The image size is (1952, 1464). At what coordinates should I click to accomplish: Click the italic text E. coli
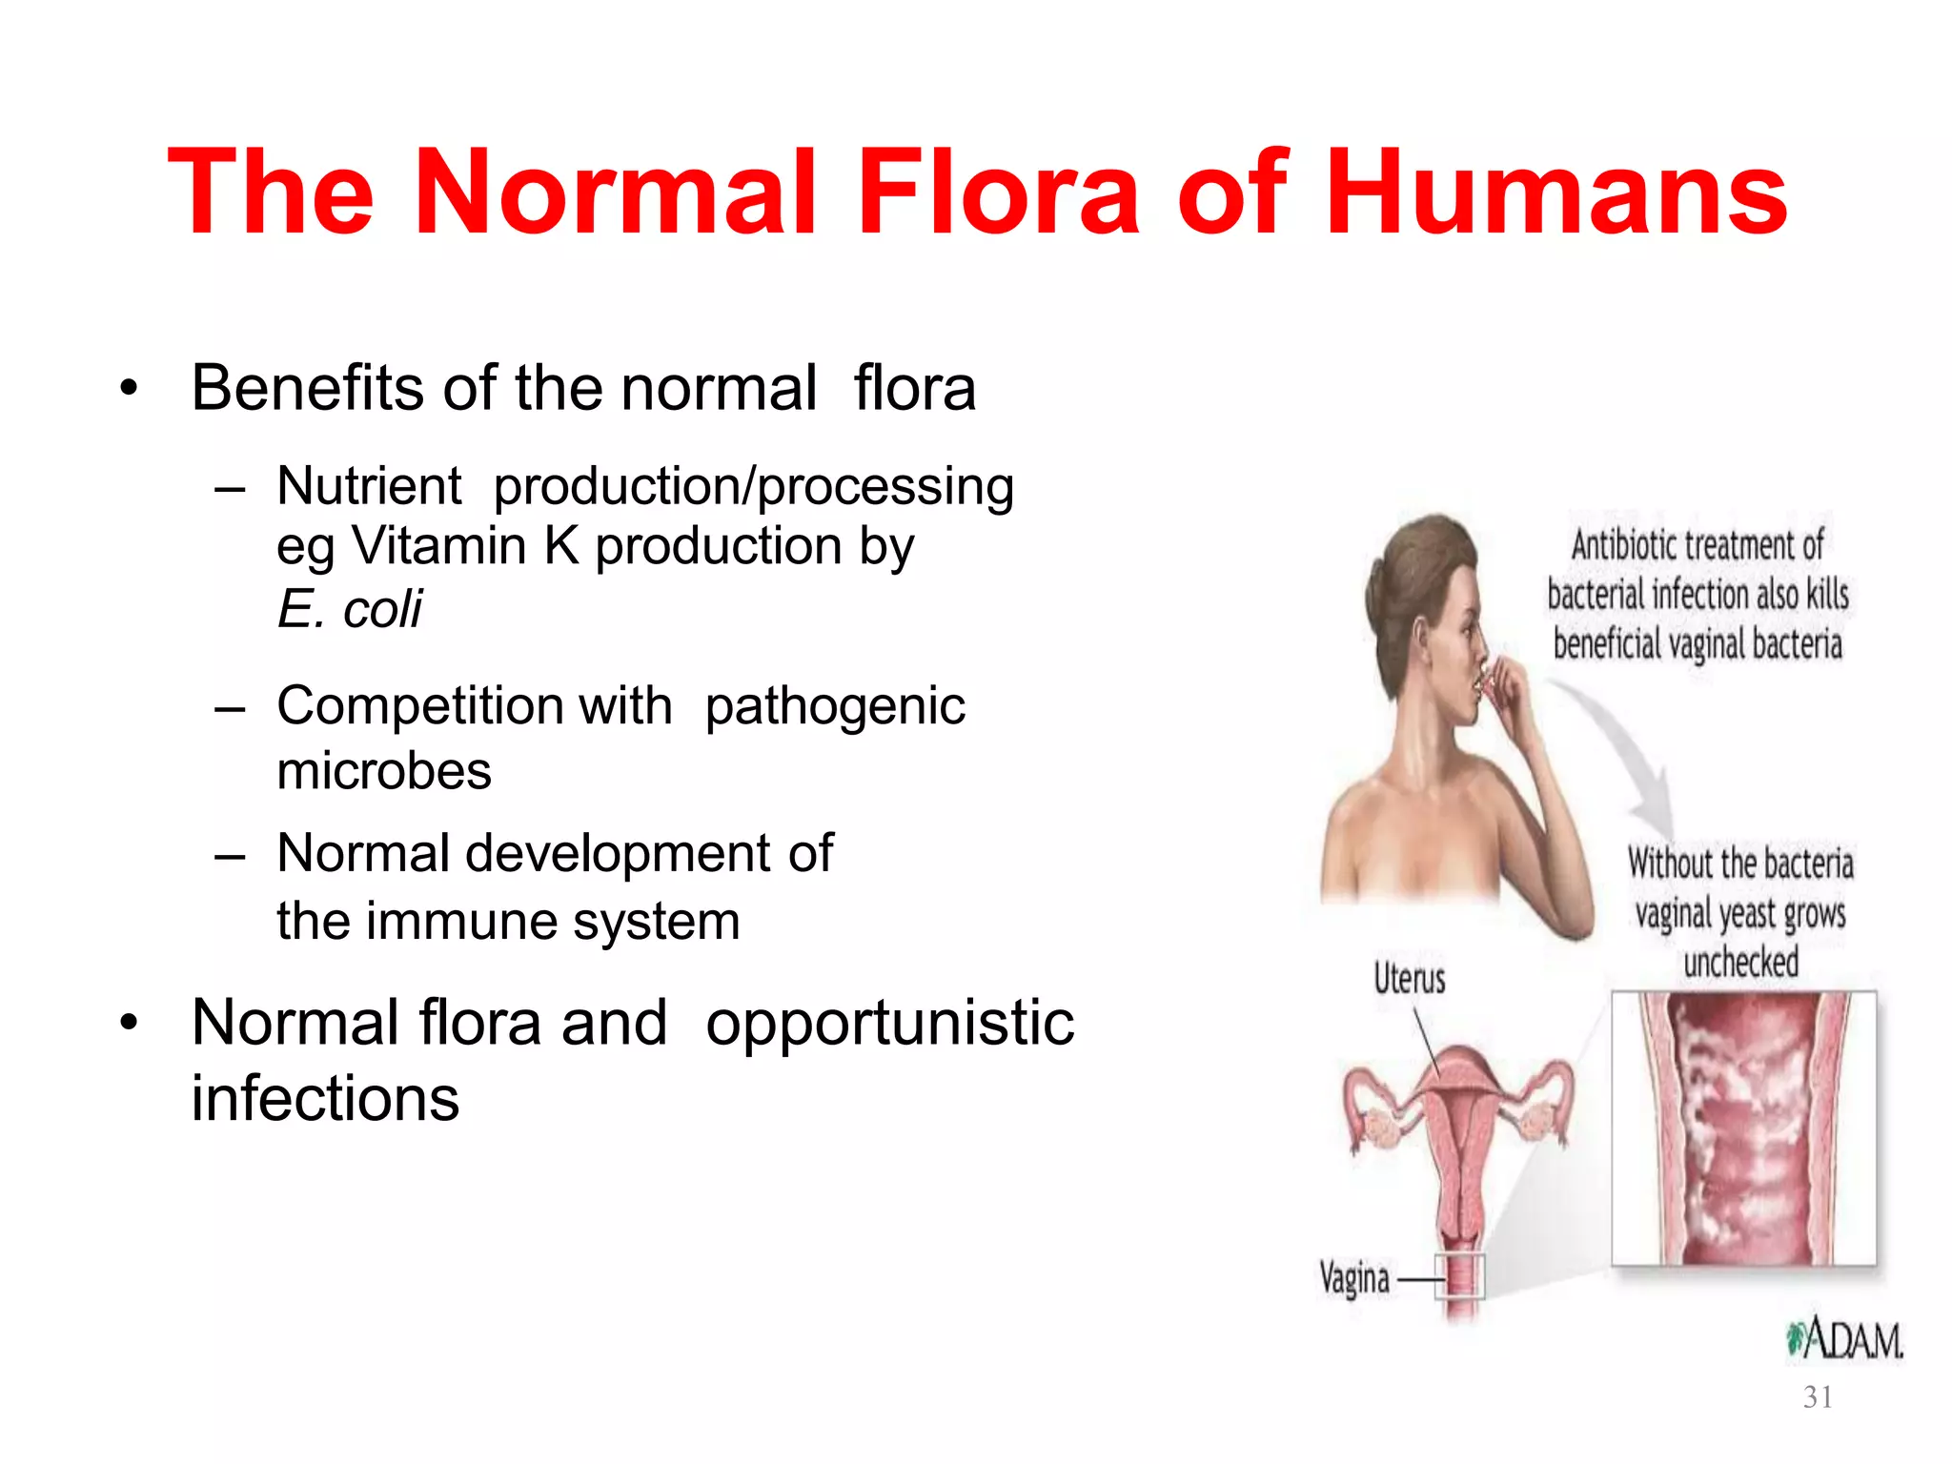(x=349, y=609)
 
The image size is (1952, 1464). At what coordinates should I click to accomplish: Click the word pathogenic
(x=835, y=708)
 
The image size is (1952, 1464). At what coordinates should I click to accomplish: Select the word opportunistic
(x=889, y=1024)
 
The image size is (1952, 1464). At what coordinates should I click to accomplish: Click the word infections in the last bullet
(x=325, y=1099)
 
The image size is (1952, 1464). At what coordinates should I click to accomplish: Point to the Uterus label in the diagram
(x=1409, y=979)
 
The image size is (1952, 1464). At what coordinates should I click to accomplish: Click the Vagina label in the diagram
(x=1354, y=1278)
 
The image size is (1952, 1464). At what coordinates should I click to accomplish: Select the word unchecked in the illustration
(x=1740, y=963)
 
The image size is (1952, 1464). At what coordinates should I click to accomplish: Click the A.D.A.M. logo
(x=1844, y=1339)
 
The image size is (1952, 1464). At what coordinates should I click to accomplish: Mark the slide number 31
(x=1818, y=1397)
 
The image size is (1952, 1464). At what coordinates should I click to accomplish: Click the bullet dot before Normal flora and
(x=130, y=1024)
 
